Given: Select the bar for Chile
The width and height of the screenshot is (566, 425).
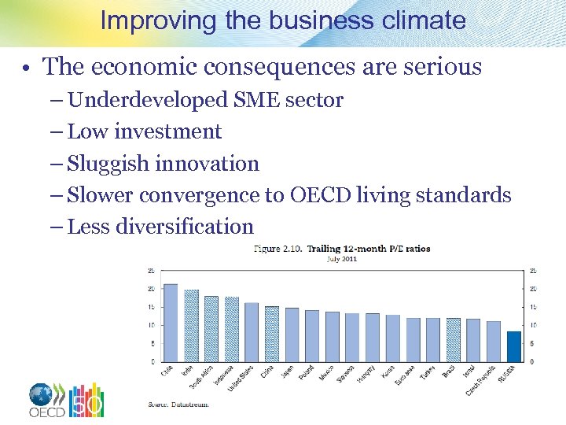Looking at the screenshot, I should (170, 323).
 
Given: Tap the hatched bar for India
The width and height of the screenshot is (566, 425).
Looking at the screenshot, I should (191, 326).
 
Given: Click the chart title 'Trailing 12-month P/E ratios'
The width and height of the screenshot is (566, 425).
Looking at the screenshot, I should (368, 249).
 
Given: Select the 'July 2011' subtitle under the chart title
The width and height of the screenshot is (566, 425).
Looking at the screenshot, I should (342, 259).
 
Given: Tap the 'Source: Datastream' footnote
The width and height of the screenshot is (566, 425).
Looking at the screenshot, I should (178, 405).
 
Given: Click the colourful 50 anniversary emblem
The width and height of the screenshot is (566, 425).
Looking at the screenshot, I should (87, 400).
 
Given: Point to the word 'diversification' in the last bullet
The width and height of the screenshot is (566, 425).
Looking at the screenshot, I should (184, 227).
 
